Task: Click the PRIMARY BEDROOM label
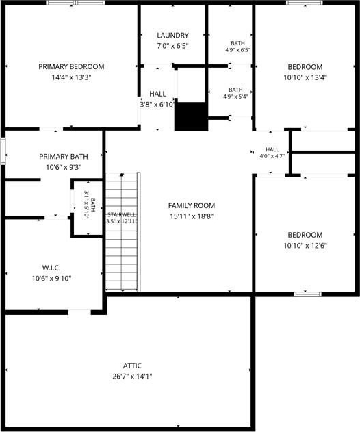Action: coord(71,66)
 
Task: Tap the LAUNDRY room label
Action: coord(172,36)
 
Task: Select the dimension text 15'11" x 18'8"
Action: coord(192,216)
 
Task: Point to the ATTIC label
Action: coord(132,366)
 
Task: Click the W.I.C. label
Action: coord(51,268)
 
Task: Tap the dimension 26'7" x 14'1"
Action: coord(132,377)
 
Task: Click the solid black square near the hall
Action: coord(191,116)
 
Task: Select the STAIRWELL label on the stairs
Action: coord(121,214)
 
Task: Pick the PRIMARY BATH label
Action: coord(64,157)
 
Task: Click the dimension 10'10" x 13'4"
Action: coord(305,77)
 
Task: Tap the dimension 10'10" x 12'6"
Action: coord(305,246)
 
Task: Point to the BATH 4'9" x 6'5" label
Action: coord(237,47)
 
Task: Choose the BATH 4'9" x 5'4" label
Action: coord(235,93)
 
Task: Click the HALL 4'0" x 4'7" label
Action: coord(272,153)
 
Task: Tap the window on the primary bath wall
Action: coord(3,151)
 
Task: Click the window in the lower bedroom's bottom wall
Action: coord(307,294)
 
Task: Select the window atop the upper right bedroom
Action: coord(305,3)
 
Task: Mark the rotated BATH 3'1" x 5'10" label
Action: coord(90,205)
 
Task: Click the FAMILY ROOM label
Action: coord(192,205)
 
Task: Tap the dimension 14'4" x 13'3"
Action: coord(71,77)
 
